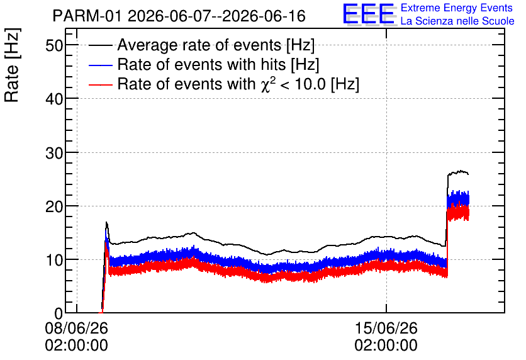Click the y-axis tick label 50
point(54,45)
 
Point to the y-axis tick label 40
point(54,99)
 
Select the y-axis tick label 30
point(54,153)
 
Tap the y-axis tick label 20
point(54,206)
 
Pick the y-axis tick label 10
point(54,260)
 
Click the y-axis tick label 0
point(59,313)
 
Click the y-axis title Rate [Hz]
point(12,65)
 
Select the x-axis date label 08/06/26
point(77,328)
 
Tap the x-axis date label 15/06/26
point(386,328)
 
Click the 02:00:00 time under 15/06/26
point(386,346)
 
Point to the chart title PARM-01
point(87,16)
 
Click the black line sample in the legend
point(100,45)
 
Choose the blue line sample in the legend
point(100,65)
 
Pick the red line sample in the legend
point(100,84)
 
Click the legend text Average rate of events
point(199,45)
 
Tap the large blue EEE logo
point(369,14)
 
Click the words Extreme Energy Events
point(457,8)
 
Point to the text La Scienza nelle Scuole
point(457,21)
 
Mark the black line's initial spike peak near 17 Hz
point(106,222)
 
